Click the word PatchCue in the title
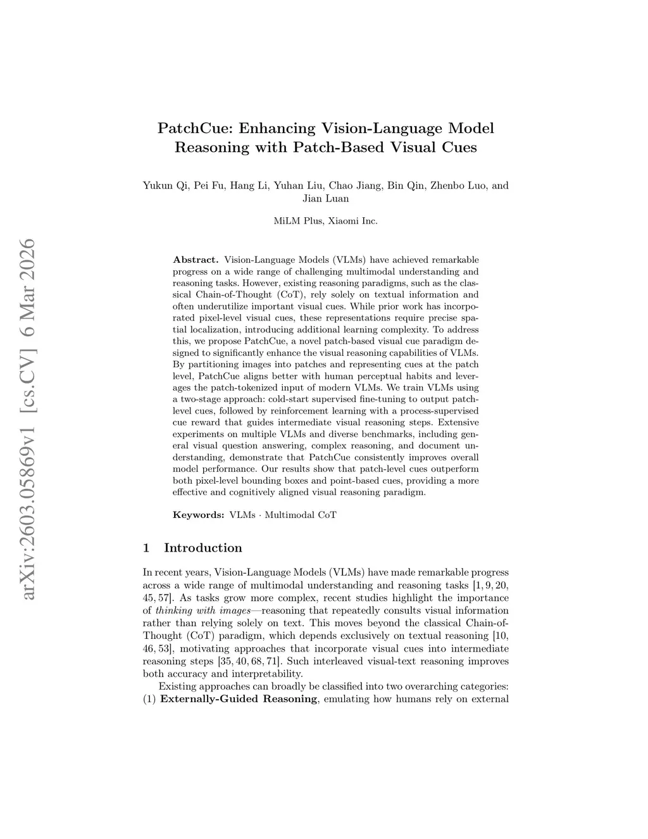(194, 129)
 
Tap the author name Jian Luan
(325, 198)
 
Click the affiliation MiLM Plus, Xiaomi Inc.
(325, 221)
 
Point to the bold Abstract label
(196, 260)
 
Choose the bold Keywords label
(198, 515)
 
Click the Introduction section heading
(202, 548)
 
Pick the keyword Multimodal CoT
(301, 515)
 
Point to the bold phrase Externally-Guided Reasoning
(239, 699)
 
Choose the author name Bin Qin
(406, 186)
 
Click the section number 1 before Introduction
(147, 548)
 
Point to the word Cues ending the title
(456, 148)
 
